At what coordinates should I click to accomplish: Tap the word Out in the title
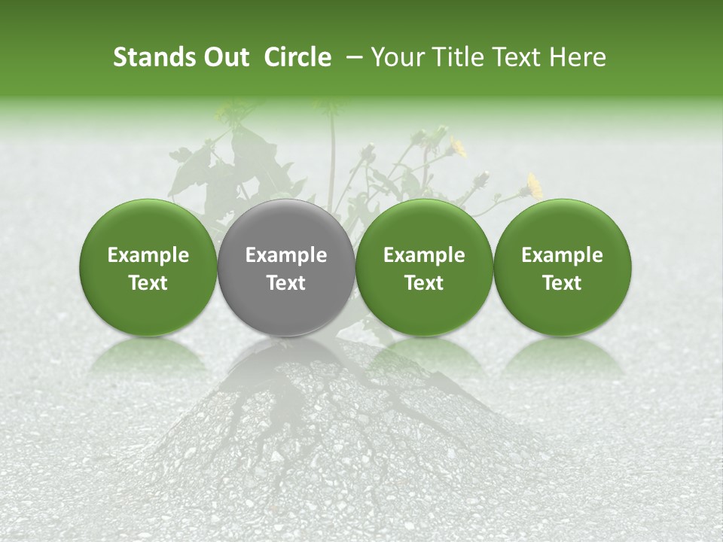pos(224,57)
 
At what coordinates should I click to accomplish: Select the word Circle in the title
pos(297,57)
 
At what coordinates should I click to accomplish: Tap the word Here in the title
pos(576,57)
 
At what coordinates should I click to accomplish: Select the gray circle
pos(286,268)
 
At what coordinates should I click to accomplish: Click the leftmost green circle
pos(148,268)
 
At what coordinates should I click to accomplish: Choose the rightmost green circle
pos(562,268)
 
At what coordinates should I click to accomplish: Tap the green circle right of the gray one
pos(424,268)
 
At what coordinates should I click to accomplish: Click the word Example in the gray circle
pos(286,255)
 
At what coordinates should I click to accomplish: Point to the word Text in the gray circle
pos(286,283)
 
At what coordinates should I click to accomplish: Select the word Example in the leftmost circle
pos(148,255)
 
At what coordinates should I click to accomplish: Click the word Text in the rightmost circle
pos(562,283)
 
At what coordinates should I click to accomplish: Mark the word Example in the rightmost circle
pos(562,255)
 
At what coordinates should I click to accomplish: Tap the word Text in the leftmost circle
pos(148,283)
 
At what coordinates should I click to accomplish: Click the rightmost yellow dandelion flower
pos(535,185)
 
